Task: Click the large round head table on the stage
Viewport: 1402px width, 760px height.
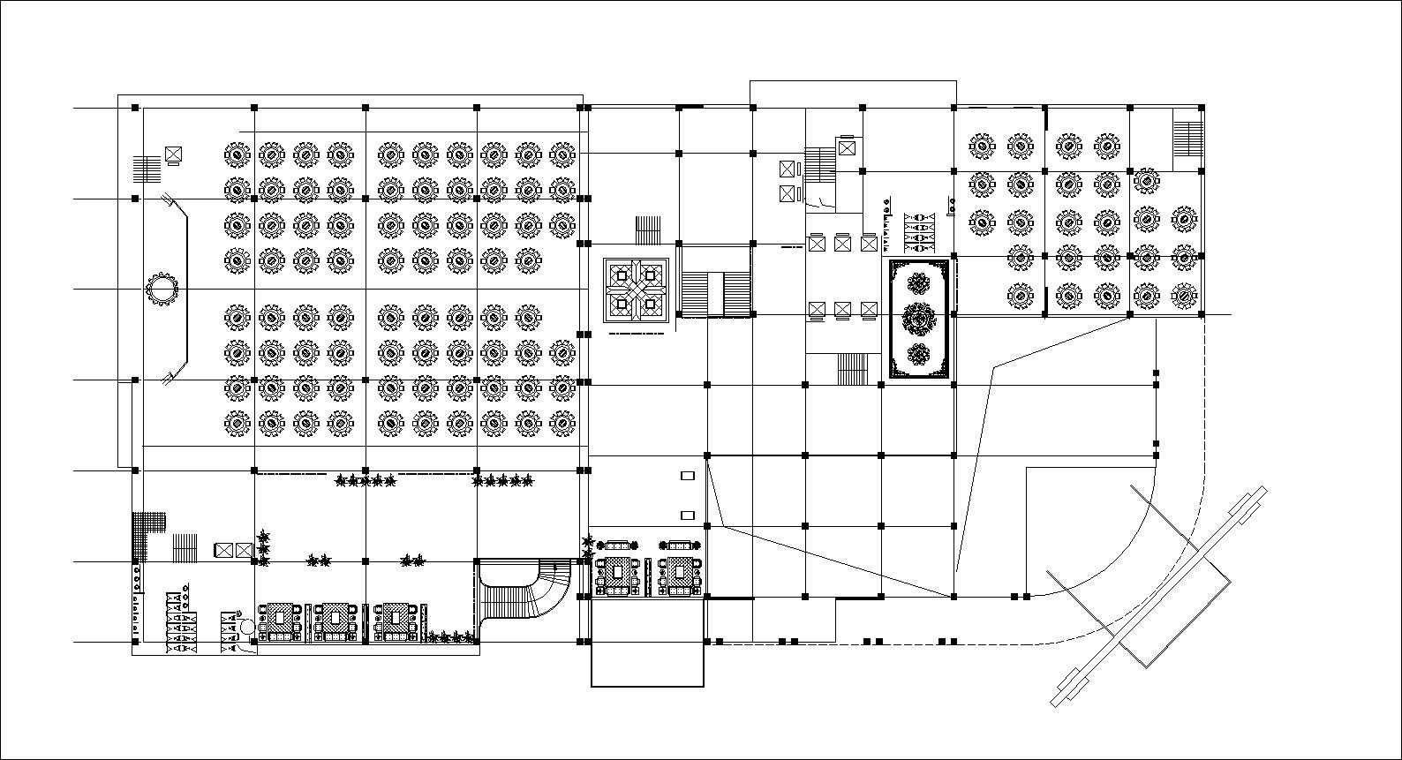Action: (x=162, y=289)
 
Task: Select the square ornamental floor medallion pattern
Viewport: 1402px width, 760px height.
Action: (x=636, y=290)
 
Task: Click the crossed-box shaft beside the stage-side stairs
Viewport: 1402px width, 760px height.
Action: (x=173, y=154)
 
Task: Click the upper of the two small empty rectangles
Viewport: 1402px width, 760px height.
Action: (x=688, y=477)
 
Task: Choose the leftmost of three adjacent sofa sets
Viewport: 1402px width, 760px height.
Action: (x=282, y=621)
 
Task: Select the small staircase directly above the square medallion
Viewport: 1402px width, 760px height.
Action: (x=649, y=230)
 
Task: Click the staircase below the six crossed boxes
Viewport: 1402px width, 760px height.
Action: (x=853, y=369)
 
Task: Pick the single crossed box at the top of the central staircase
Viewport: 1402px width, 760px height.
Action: (x=848, y=147)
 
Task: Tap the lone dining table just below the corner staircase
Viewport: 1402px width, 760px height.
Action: (x=1146, y=181)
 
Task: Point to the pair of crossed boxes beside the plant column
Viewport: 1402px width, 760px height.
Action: (x=233, y=550)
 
